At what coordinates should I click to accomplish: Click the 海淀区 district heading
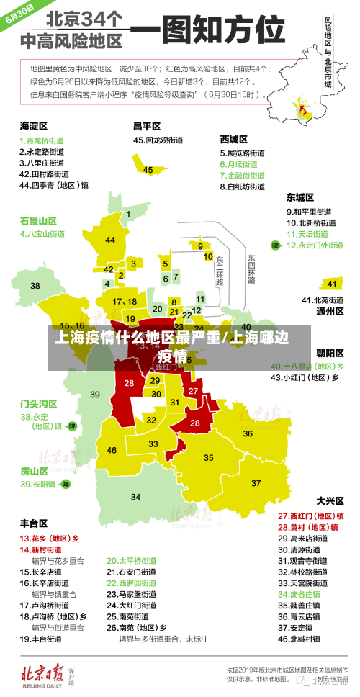coord(33,125)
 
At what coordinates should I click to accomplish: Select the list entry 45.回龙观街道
coord(160,140)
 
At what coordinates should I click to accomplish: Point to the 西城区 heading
coord(234,139)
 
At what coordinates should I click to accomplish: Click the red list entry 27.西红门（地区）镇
coord(311,516)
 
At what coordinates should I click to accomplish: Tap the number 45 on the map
coord(148,170)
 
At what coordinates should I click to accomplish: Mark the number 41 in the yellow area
coord(332,284)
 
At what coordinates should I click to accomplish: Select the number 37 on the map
coord(256,483)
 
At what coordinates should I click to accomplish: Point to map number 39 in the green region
coord(95,395)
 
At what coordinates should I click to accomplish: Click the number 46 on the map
coord(112,450)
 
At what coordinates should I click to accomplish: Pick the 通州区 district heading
coord(330,312)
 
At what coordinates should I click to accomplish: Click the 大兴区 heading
coord(330,500)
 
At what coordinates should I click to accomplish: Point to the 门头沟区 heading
coord(38,403)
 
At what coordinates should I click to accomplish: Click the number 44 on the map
coord(109,240)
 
